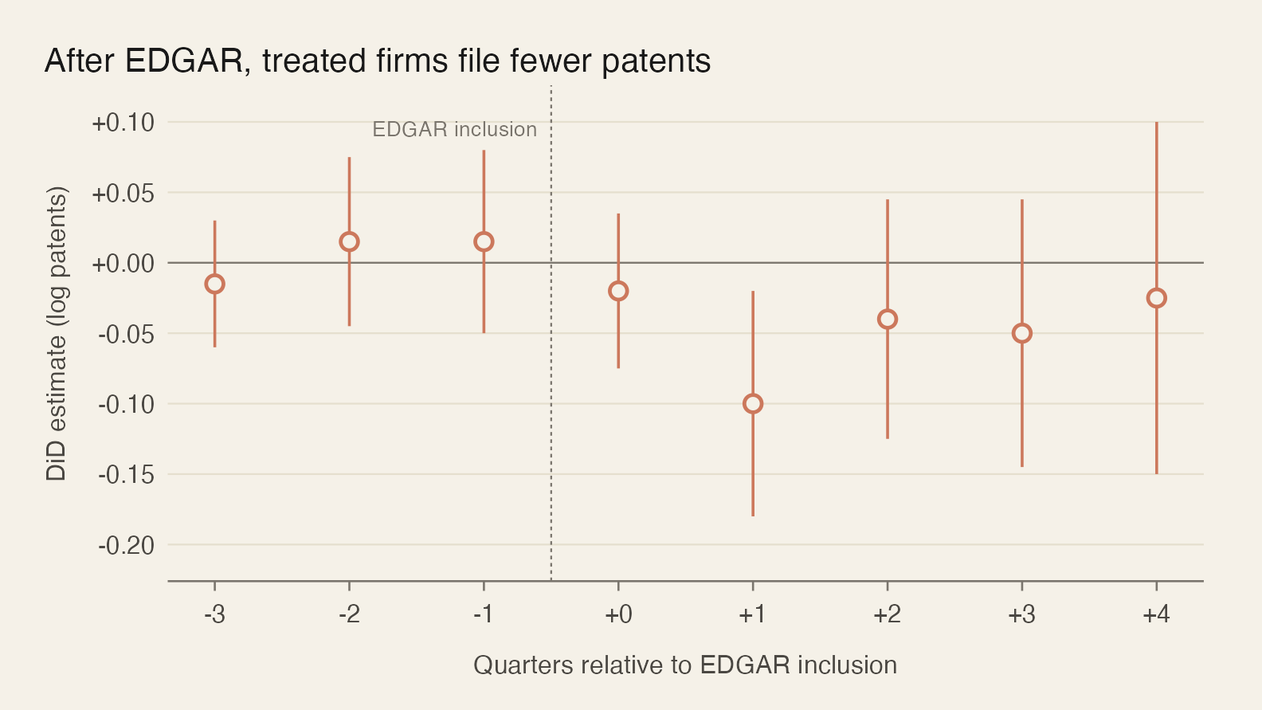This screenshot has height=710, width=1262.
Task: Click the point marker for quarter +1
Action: (x=753, y=404)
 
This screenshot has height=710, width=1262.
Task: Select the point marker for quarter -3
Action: (x=214, y=284)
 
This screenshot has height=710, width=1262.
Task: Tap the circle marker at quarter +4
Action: (x=1156, y=298)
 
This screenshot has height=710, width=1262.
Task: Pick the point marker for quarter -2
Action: (x=349, y=241)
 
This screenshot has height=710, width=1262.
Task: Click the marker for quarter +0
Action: (x=618, y=291)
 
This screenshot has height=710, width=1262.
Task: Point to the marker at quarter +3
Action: (x=1022, y=333)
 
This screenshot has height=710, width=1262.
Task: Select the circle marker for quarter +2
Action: (x=888, y=320)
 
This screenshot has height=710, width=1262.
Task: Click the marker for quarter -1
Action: (x=484, y=241)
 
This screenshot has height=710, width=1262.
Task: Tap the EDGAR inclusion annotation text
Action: (x=454, y=130)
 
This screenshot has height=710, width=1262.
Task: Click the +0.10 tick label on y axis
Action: (x=123, y=123)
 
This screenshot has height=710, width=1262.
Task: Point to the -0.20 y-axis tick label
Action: (x=126, y=546)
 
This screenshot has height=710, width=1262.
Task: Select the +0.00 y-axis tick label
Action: (x=123, y=264)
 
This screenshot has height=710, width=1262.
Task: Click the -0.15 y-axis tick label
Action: (x=126, y=475)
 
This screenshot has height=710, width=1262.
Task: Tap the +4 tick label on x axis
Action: (x=1156, y=615)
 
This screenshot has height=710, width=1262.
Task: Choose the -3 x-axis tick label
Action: (x=214, y=615)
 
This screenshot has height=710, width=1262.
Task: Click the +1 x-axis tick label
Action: (x=753, y=615)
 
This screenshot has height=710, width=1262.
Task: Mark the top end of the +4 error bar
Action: (x=1156, y=123)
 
